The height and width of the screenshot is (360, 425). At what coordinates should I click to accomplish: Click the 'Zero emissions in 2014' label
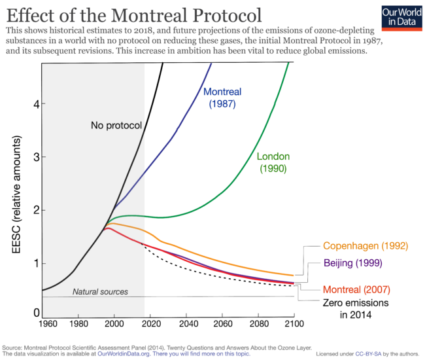[x=356, y=309]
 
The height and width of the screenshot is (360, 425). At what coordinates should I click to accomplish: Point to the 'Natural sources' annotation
[x=100, y=291]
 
